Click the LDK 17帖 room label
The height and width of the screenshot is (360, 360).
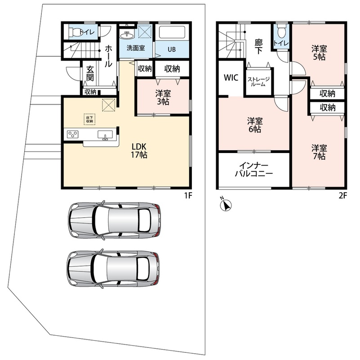pos(139,151)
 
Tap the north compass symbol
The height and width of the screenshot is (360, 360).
pos(226,204)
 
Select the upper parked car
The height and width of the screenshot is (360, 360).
pos(114,220)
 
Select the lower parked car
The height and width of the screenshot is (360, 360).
pos(113,268)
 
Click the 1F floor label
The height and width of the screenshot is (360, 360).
pos(188,195)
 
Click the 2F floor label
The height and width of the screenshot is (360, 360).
pos(343,195)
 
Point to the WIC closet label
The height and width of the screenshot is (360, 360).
pos(231,78)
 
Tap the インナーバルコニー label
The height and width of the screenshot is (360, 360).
pos(253,170)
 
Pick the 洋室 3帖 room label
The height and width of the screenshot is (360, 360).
pos(163,98)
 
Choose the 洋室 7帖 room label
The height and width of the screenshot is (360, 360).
pos(319,152)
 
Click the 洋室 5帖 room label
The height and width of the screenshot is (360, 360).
pos(319,53)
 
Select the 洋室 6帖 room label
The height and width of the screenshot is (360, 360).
pos(255,125)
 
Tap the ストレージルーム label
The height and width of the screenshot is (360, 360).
pos(258,82)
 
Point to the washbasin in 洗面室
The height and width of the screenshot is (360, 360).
pos(126,36)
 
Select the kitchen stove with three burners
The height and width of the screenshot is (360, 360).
pos(72,134)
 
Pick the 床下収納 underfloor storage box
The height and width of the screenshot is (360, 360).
pos(89,119)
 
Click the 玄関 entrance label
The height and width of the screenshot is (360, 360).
pos(90,73)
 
